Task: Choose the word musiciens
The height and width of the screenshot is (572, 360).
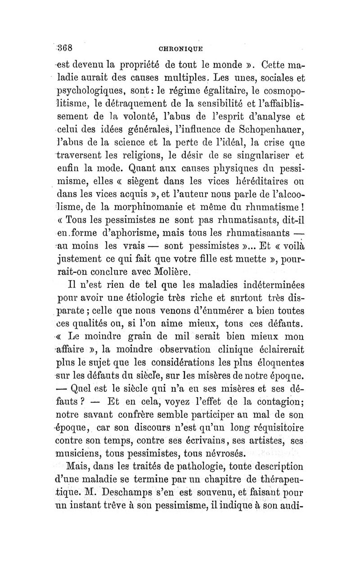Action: pyautogui.click(x=86, y=452)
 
